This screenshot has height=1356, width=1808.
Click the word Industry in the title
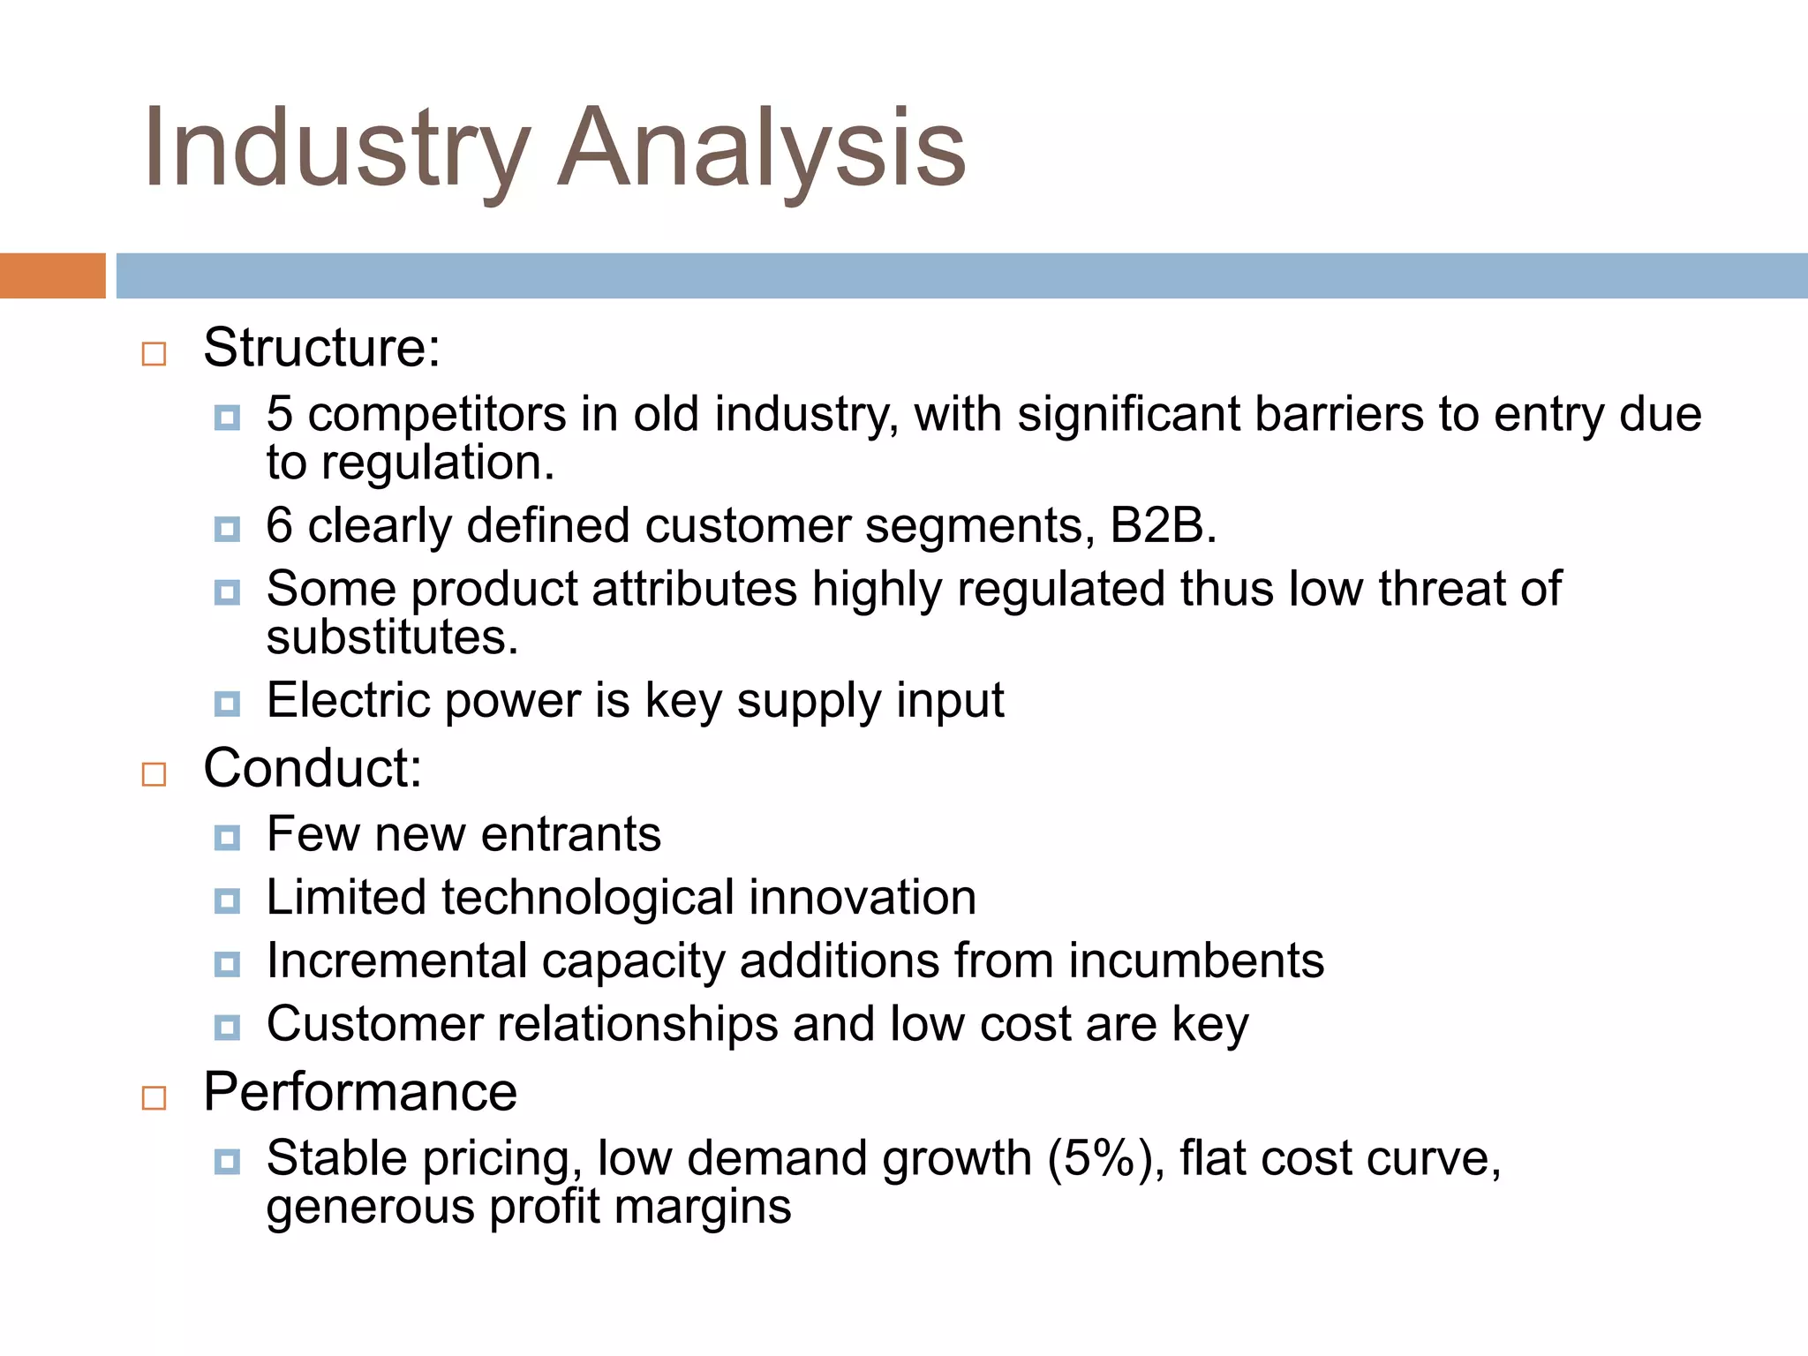click(335, 148)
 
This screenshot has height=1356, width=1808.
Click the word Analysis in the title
click(763, 148)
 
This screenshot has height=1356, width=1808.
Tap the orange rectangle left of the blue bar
click(52, 275)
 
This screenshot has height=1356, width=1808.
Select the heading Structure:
click(321, 348)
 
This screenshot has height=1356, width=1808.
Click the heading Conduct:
click(313, 768)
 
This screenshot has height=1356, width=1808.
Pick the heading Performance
click(360, 1092)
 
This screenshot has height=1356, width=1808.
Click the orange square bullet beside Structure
click(154, 354)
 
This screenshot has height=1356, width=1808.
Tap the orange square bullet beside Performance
click(154, 1098)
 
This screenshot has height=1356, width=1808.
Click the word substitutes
click(392, 637)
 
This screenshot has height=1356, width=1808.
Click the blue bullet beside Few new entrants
click(227, 837)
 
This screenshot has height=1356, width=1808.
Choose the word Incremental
click(396, 960)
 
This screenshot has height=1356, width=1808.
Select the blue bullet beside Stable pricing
click(227, 1162)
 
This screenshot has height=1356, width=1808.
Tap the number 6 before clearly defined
click(279, 525)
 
